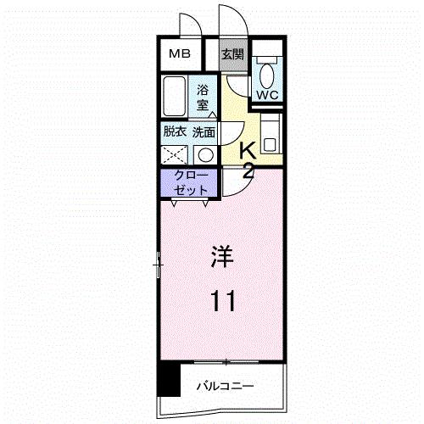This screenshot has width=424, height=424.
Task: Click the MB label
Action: tap(179, 54)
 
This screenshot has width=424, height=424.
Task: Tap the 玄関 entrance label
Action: tap(232, 54)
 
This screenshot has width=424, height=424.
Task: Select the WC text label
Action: tap(267, 95)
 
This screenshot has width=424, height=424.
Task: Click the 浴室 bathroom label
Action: tap(204, 97)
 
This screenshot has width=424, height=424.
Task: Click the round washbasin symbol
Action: tap(204, 154)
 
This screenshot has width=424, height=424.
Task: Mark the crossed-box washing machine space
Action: tap(175, 155)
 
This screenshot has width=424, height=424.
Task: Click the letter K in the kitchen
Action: tap(248, 151)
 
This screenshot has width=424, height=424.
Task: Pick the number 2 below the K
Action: tap(248, 171)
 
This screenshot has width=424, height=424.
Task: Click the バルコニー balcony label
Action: tap(226, 387)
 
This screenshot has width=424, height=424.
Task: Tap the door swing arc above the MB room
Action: tap(192, 25)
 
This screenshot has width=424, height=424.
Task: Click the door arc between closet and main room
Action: tap(233, 185)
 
